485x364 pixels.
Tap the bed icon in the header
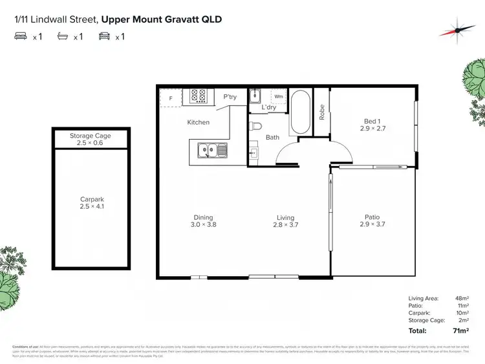pos(20,37)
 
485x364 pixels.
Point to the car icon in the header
pos(103,37)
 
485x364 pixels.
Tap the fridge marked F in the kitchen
pos(171,98)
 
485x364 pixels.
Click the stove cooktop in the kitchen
pos(199,97)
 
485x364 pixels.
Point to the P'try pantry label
pos(230,97)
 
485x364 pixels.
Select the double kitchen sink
pos(212,151)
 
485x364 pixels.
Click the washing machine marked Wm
pos(278,96)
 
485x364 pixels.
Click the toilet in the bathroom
pos(257,126)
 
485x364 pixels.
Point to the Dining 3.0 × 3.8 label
pos(203,221)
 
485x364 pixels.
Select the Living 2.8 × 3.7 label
pos(285,221)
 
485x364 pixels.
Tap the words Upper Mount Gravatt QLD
pos(161,19)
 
